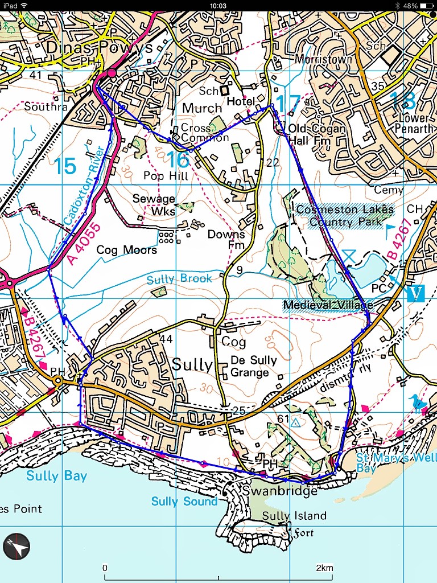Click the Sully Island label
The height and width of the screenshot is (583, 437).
pos(294,516)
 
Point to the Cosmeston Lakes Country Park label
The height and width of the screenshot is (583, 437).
pos(345,215)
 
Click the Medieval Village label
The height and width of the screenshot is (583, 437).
pos(327,305)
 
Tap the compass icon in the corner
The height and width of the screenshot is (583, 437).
pos(16,547)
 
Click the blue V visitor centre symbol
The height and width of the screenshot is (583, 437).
pos(417,293)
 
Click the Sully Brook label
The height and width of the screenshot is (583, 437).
pos(179,279)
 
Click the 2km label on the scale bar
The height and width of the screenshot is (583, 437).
pos(324,568)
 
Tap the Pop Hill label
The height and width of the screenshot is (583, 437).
pos(166,176)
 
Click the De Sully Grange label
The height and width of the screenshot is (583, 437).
pos(254,367)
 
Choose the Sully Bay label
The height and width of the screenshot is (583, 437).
pos(57,475)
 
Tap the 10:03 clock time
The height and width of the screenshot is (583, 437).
pos(218,5)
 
